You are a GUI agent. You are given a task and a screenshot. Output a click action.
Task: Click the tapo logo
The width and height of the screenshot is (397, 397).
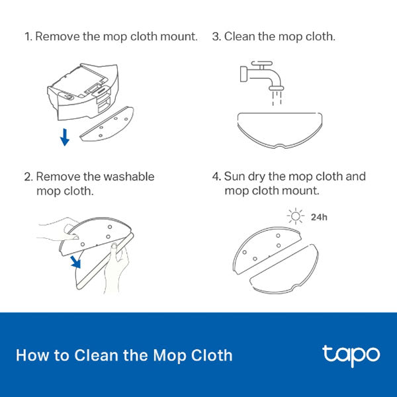pyautogui.click(x=351, y=355)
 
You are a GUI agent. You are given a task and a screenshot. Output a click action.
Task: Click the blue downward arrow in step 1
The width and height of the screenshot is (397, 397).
pyautogui.click(x=64, y=138)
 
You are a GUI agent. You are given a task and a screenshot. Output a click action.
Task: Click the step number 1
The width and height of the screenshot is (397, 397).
pyautogui.click(x=28, y=36)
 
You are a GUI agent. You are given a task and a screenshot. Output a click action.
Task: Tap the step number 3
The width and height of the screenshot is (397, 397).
pyautogui.click(x=215, y=36)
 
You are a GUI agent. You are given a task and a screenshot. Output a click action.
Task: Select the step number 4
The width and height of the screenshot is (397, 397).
pyautogui.click(x=215, y=177)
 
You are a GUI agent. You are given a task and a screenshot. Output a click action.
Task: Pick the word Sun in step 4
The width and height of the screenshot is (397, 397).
pyautogui.click(x=234, y=177)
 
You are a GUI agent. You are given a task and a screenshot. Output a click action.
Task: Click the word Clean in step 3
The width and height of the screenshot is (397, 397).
pyautogui.click(x=239, y=36)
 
